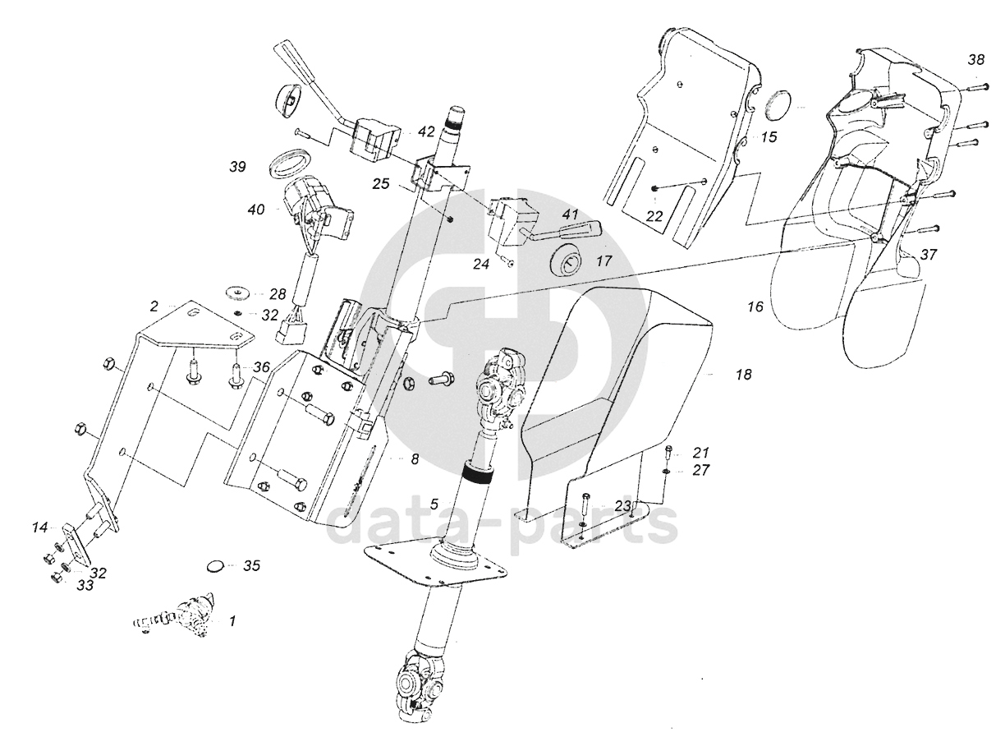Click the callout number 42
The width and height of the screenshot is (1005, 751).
[426, 131]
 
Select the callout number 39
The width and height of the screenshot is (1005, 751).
[237, 167]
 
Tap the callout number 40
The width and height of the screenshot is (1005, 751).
[256, 210]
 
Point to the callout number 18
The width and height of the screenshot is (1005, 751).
[744, 375]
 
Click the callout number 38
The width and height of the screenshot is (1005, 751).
[976, 59]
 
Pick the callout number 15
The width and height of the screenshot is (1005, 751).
[769, 137]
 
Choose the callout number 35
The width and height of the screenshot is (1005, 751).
[251, 566]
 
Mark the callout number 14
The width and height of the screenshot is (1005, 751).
[40, 528]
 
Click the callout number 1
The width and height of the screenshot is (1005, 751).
[232, 621]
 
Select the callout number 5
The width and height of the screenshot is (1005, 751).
[434, 504]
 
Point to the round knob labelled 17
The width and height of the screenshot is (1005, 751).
[566, 264]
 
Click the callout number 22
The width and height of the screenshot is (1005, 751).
[654, 216]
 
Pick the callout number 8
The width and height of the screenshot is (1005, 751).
[415, 459]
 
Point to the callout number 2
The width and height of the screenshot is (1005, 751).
[154, 306]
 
